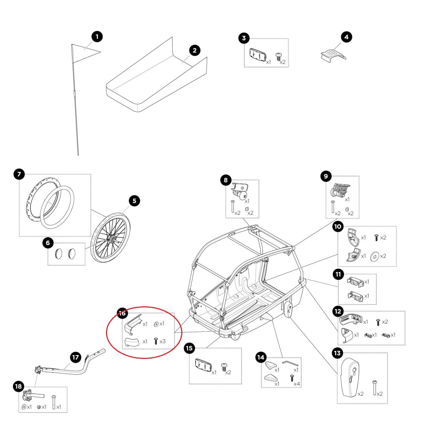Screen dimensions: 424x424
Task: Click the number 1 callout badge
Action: coord(97,36)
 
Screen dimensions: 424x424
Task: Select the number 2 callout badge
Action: coord(194,50)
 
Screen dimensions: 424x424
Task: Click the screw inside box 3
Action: coord(278,57)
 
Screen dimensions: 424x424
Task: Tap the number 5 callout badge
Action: coord(134,201)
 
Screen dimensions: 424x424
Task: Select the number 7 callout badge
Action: coord(19,174)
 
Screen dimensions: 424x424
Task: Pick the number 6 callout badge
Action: coord(48,243)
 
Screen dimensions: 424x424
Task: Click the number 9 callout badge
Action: coord(326,176)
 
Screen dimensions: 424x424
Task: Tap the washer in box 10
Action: coord(374,256)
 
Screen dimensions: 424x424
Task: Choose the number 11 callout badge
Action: coord(338,274)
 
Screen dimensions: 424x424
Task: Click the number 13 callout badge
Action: coord(337,353)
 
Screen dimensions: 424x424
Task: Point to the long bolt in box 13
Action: coord(374,388)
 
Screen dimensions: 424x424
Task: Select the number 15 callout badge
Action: coord(190,348)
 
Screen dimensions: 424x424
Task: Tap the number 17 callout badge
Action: coord(76,357)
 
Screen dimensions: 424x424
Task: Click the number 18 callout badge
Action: coord(19,386)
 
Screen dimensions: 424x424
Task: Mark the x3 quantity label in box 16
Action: coord(163,342)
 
